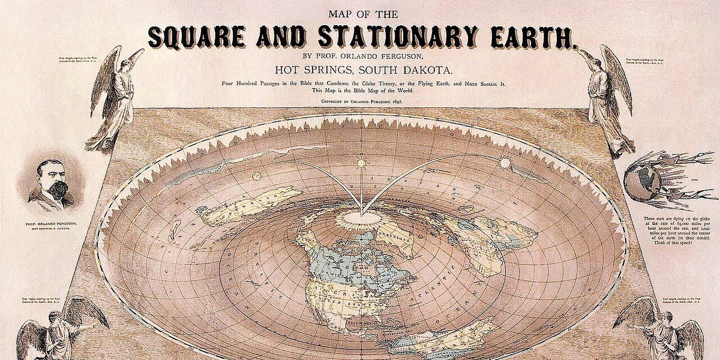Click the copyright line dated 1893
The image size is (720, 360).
360,102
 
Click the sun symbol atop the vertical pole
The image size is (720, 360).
362,163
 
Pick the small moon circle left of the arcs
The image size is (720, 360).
256,176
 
